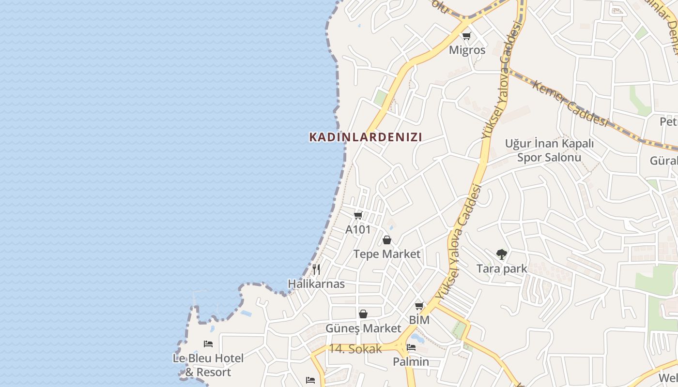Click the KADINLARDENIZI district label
(x=366, y=137)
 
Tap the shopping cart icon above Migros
(x=467, y=36)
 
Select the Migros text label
(x=467, y=50)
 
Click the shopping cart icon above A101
(x=358, y=215)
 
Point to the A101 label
(x=358, y=229)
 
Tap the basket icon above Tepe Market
(x=387, y=239)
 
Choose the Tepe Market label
(x=387, y=254)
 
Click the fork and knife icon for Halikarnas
(x=316, y=269)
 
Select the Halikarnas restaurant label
(x=316, y=284)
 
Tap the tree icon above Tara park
(x=502, y=254)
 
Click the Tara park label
(x=502, y=268)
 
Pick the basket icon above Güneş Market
(x=363, y=314)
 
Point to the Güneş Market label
(x=363, y=328)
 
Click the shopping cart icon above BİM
(x=419, y=306)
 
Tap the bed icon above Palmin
(x=411, y=347)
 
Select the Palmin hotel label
(x=411, y=361)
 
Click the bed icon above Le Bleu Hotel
(x=208, y=344)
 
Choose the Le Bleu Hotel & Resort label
(x=208, y=365)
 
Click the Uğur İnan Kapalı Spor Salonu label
(x=549, y=150)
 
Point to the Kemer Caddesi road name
(x=570, y=104)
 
